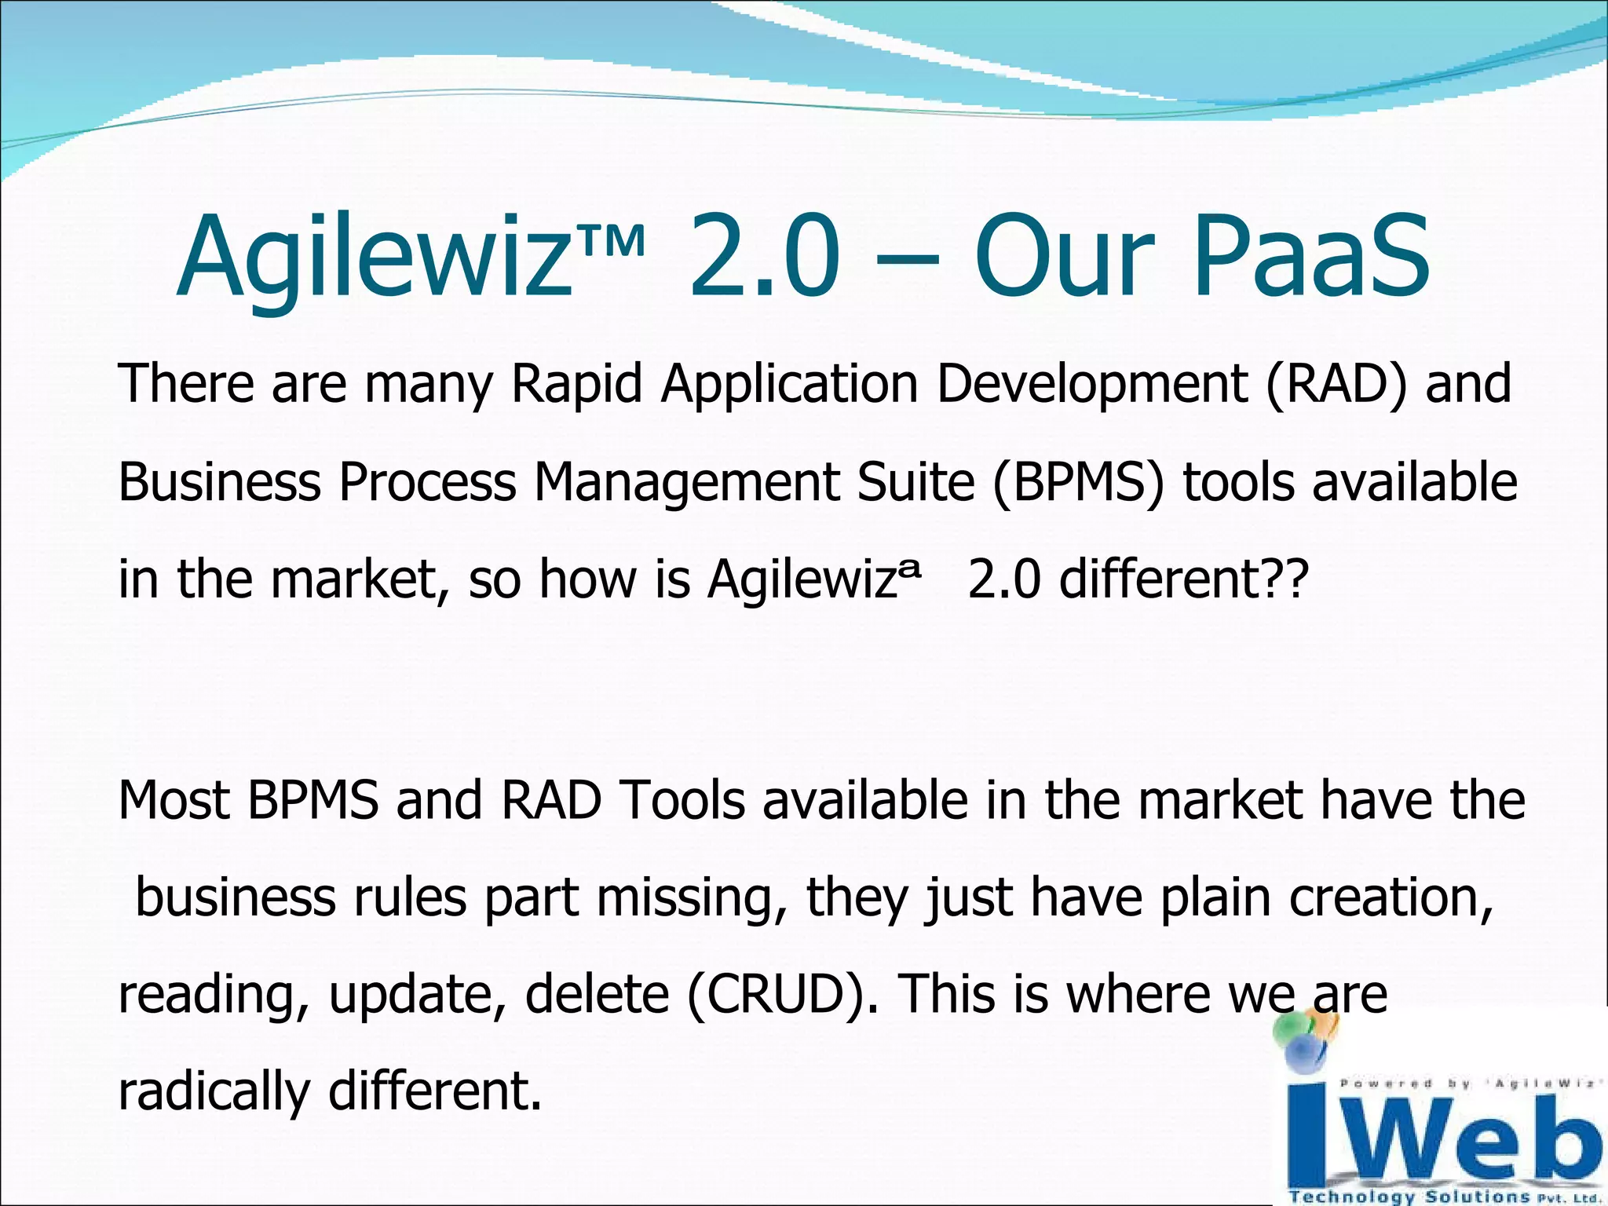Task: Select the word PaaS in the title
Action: tap(1311, 258)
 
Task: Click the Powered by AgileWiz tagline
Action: tap(1467, 1084)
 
